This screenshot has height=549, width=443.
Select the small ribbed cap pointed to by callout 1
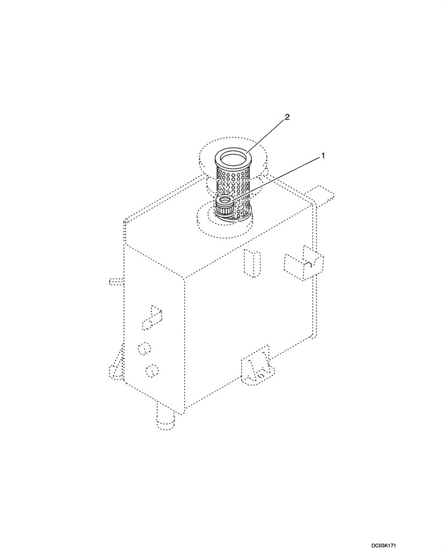pyautogui.click(x=225, y=208)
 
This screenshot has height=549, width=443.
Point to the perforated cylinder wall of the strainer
pyautogui.click(x=232, y=184)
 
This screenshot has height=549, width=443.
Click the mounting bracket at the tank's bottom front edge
pyautogui.click(x=255, y=368)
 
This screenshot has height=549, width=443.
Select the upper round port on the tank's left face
pyautogui.click(x=144, y=349)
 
